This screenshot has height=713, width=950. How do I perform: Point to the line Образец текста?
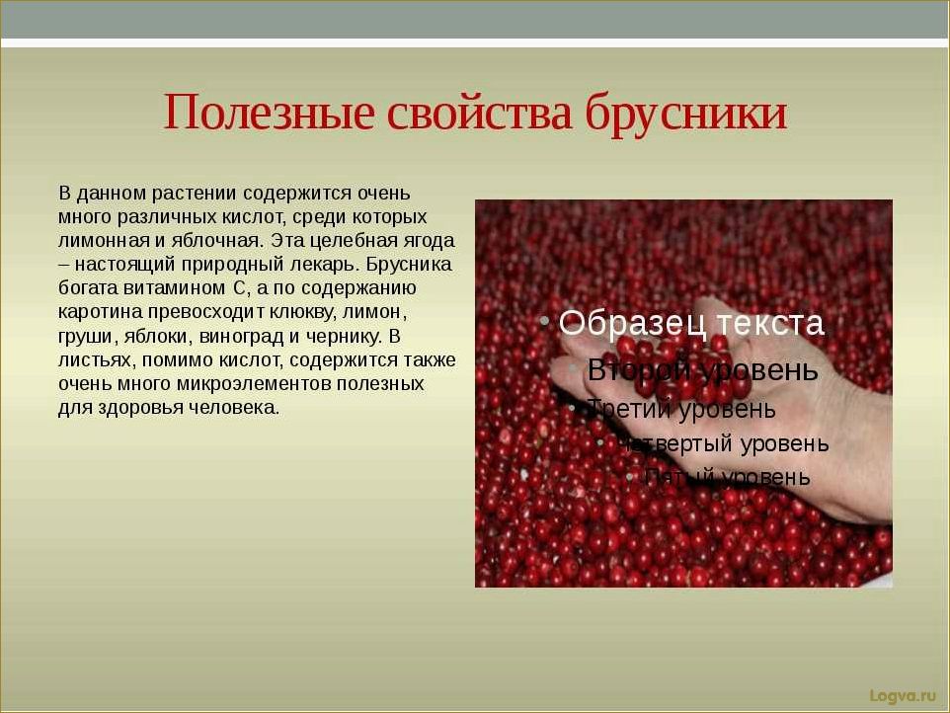pyautogui.click(x=691, y=323)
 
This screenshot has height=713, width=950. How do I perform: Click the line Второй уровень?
pyautogui.click(x=702, y=369)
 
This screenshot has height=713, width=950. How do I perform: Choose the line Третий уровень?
pyautogui.click(x=682, y=408)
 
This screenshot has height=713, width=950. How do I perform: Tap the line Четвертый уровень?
pyautogui.click(x=725, y=443)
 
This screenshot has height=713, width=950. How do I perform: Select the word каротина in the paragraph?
pyautogui.click(x=94, y=312)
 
